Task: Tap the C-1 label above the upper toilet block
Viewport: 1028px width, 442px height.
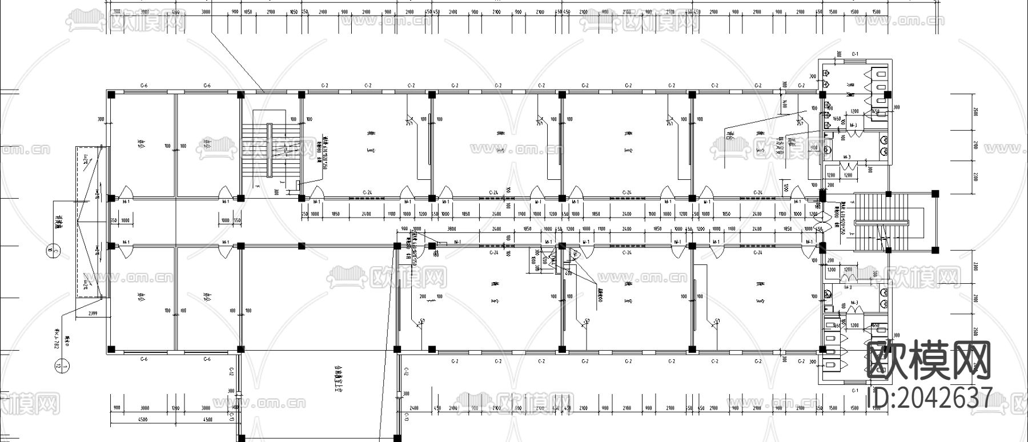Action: coord(855,54)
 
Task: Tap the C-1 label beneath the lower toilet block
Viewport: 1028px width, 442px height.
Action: coord(855,391)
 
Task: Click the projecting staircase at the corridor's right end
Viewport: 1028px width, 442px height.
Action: coord(880,222)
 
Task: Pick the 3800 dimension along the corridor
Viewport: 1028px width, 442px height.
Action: coord(451,228)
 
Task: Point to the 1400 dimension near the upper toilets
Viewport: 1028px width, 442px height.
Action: coord(786,103)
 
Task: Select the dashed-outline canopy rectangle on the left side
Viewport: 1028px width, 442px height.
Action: coord(89,222)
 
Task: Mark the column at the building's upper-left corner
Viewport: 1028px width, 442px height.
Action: coord(113,94)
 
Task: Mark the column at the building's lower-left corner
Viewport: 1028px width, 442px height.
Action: coord(113,349)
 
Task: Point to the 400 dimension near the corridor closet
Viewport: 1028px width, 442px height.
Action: coord(568,273)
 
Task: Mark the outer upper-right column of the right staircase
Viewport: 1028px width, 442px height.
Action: coord(935,194)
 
